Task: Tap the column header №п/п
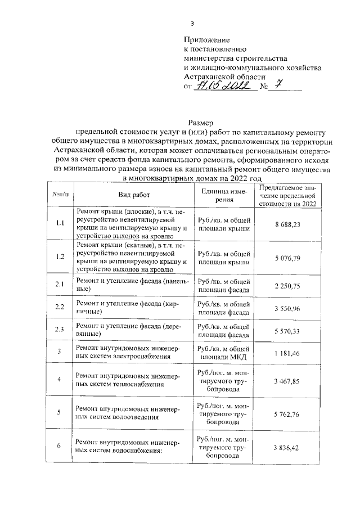coord(60,194)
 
